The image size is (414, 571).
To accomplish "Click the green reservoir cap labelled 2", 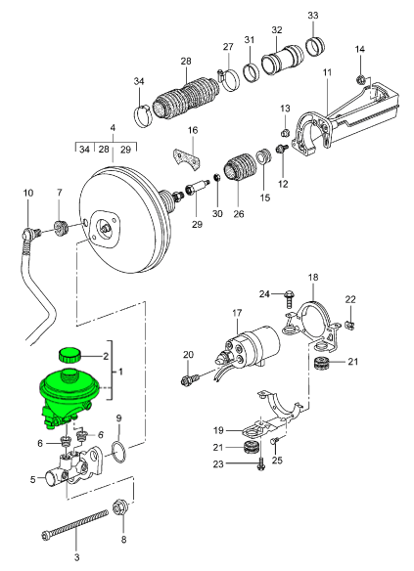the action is click(x=69, y=355).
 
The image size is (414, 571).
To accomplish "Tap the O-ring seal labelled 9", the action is click(x=118, y=451).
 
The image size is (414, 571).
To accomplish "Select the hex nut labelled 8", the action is click(x=118, y=506).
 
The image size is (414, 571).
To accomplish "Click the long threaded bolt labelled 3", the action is click(x=74, y=524).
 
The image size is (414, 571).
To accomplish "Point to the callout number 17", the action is click(x=237, y=313).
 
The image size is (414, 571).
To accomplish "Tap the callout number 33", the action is click(x=312, y=16).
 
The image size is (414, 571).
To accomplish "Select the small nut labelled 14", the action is click(x=361, y=78).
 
